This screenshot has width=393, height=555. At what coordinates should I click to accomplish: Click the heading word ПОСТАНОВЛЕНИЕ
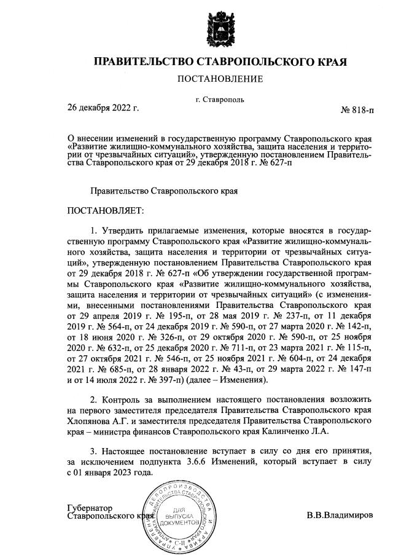click(220, 79)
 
